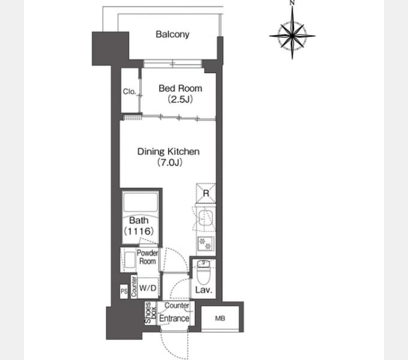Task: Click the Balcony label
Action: point(173,34)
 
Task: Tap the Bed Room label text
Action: point(181,88)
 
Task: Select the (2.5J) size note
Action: point(181,99)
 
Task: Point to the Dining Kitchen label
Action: point(169,151)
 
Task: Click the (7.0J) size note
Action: point(170,163)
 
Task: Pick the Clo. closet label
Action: point(130,92)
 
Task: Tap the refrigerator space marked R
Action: point(206,193)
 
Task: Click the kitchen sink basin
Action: point(206,218)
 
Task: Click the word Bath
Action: point(139,220)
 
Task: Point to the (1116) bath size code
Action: point(139,231)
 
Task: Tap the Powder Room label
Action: point(148,257)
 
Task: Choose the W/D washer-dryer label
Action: point(148,288)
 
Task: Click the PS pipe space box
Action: point(124,291)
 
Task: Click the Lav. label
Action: point(204,290)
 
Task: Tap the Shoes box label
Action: point(151,313)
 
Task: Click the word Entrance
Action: point(174,319)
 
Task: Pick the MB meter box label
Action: point(220,318)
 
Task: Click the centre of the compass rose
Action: point(292,35)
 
